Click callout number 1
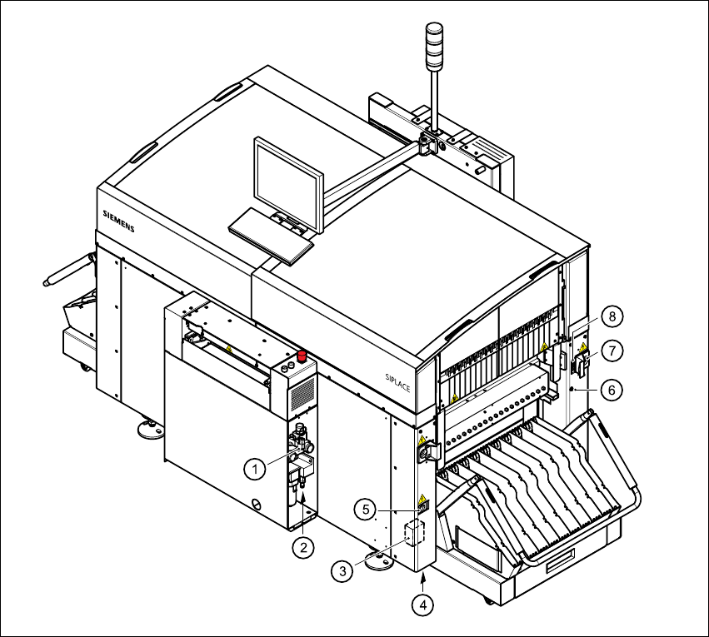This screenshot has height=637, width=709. (256, 469)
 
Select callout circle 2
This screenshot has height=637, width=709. (303, 547)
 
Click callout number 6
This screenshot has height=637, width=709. (613, 388)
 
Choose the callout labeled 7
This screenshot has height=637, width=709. (612, 351)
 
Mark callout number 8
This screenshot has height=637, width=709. (612, 316)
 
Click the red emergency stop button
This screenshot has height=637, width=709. (303, 357)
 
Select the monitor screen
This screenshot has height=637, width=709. (288, 186)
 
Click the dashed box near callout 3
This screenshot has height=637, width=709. (413, 532)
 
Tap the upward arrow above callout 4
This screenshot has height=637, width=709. (425, 580)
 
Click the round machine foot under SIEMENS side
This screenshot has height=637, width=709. (151, 430)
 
